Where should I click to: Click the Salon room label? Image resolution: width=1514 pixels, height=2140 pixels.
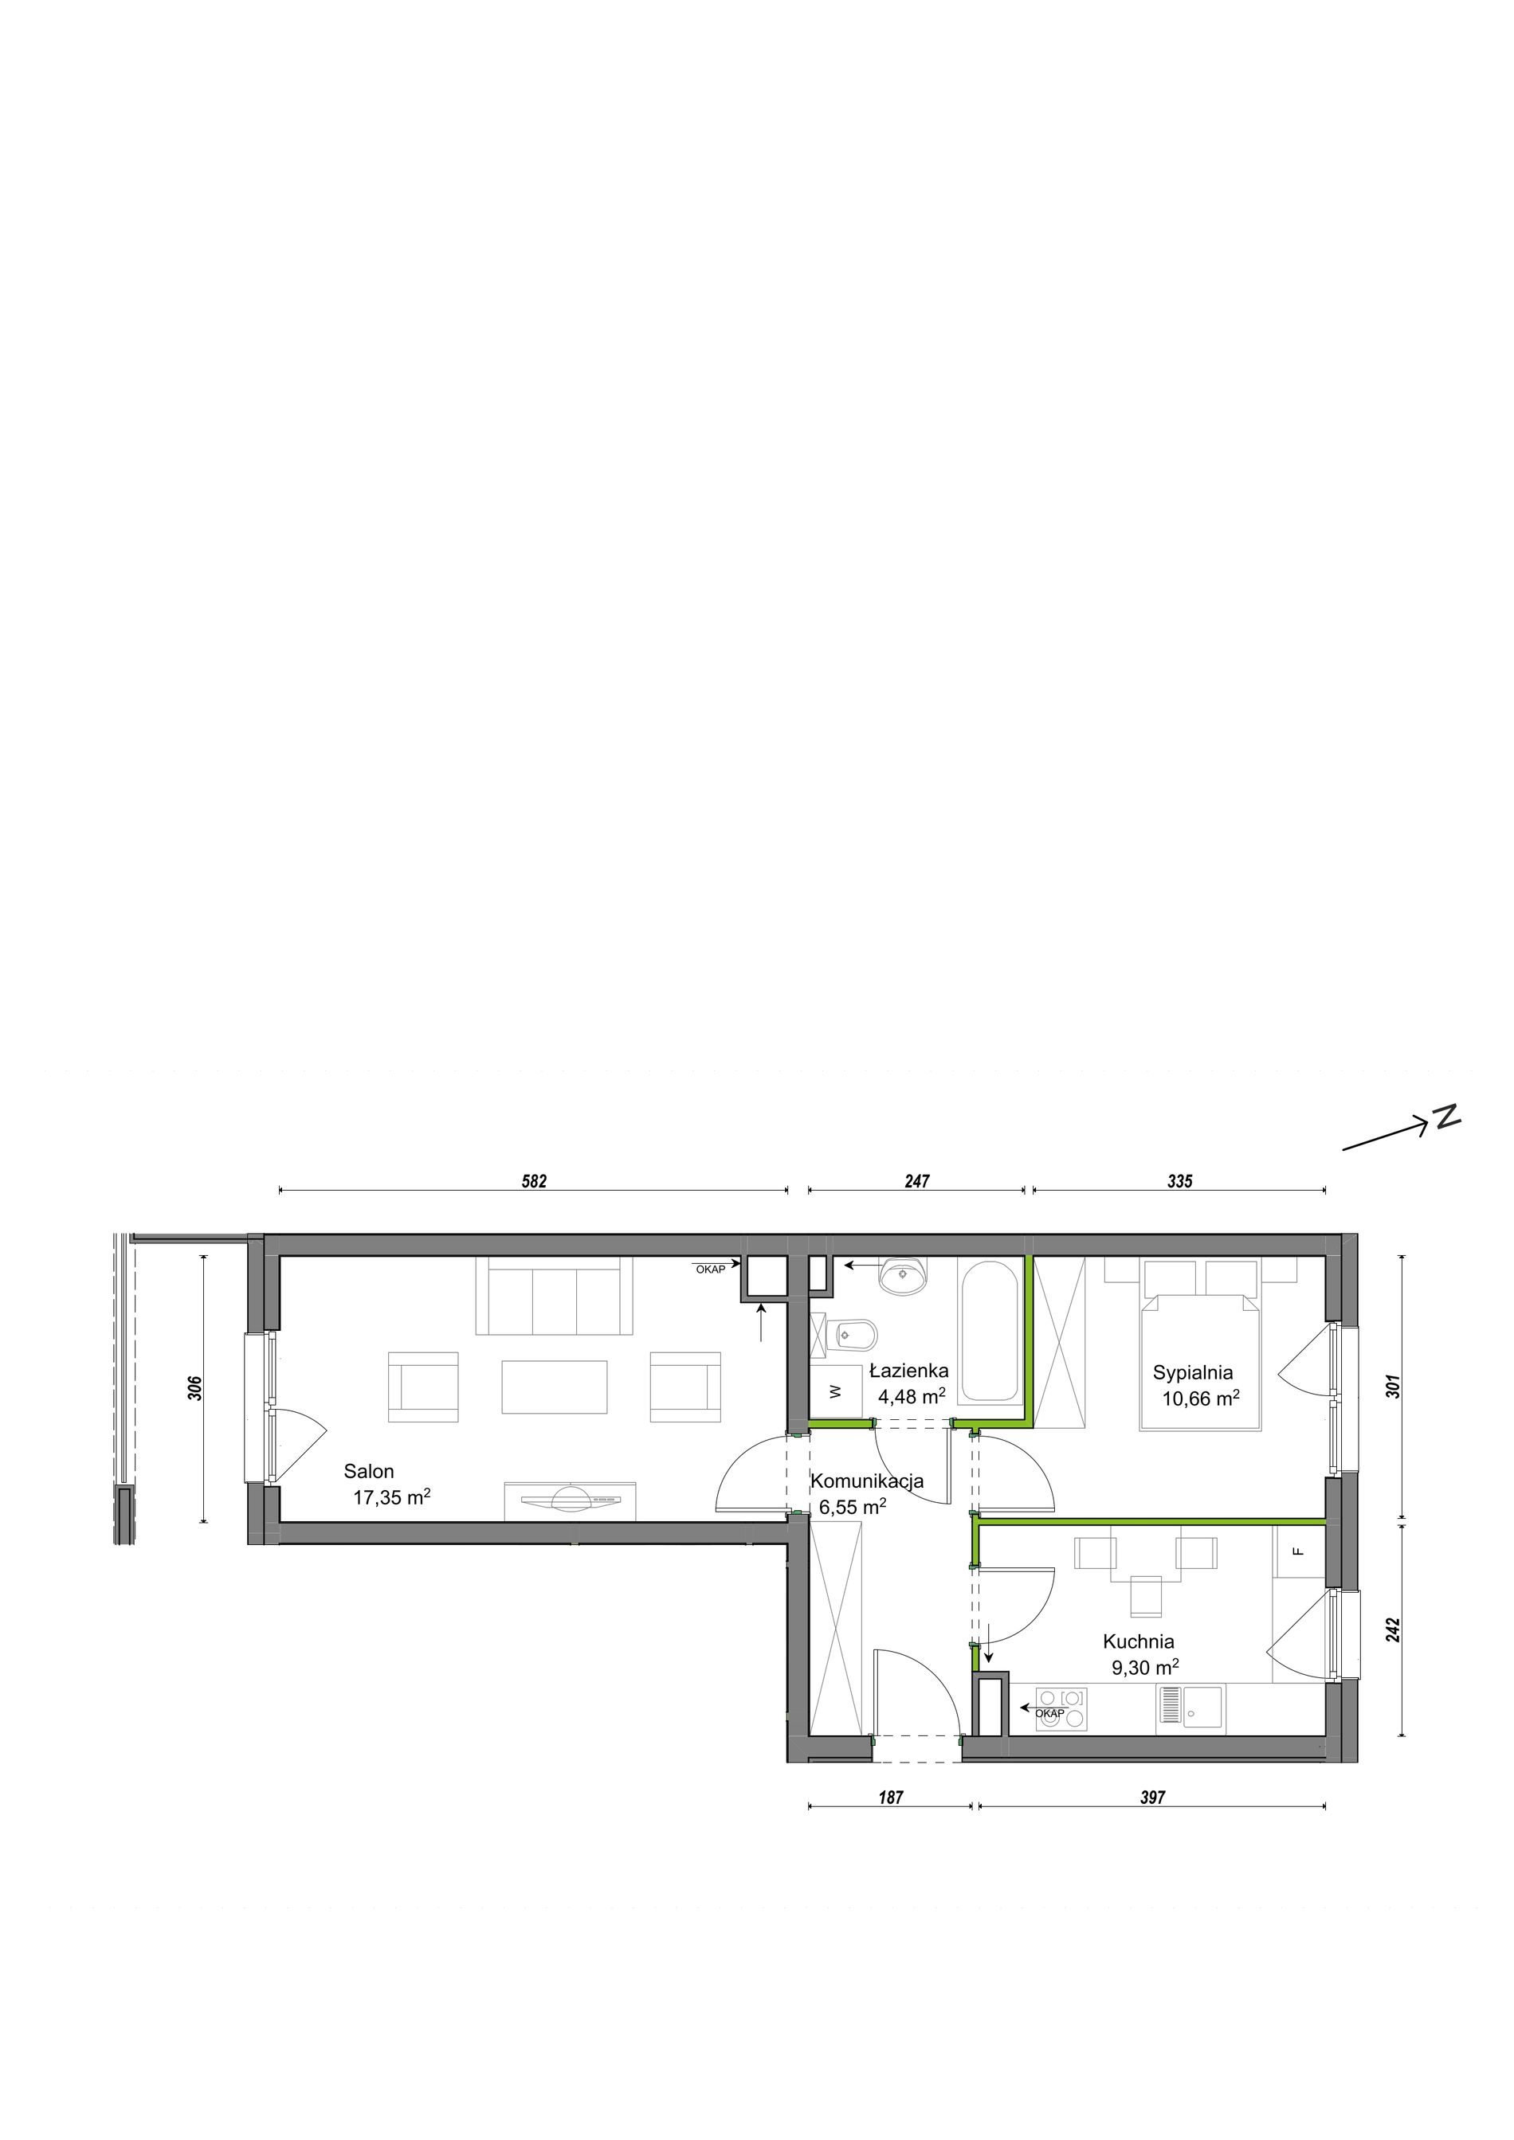(x=369, y=1472)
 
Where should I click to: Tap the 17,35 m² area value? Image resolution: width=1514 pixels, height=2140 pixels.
(x=391, y=1498)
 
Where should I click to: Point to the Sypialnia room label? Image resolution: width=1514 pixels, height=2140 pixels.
(x=1192, y=1372)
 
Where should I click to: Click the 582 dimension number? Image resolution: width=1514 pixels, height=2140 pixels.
(x=534, y=1182)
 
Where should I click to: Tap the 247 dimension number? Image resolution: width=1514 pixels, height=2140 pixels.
(x=917, y=1182)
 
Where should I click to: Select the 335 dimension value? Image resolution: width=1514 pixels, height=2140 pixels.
(x=1179, y=1182)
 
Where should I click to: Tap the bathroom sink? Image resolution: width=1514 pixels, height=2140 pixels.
(x=904, y=1275)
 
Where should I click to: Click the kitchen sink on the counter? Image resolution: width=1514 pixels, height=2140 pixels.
(x=1190, y=1708)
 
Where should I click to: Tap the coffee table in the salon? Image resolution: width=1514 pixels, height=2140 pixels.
(x=555, y=1387)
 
